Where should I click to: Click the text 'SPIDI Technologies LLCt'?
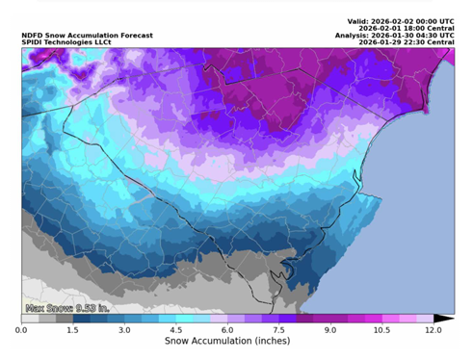pyautogui.click(x=62, y=43)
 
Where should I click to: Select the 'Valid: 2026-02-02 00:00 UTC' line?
pyautogui.click(x=400, y=21)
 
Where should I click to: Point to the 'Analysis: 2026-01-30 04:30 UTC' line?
pyautogui.click(x=395, y=37)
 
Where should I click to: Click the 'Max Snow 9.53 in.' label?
pyautogui.click(x=66, y=309)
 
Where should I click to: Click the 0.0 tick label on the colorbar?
pyautogui.click(x=21, y=330)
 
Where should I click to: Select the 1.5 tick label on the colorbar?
pyautogui.click(x=72, y=330)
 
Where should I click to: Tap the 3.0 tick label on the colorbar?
pyautogui.click(x=124, y=330)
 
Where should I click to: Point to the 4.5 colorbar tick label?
pyautogui.click(x=175, y=330)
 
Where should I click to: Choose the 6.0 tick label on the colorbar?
pyautogui.click(x=227, y=330)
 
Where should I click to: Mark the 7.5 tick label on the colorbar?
pyautogui.click(x=278, y=330)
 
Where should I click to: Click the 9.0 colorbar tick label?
pyautogui.click(x=330, y=330)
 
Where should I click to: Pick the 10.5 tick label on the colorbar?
pyautogui.click(x=381, y=330)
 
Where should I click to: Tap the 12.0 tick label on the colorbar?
pyautogui.click(x=434, y=330)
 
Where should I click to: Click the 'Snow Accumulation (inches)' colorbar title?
pyautogui.click(x=227, y=342)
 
